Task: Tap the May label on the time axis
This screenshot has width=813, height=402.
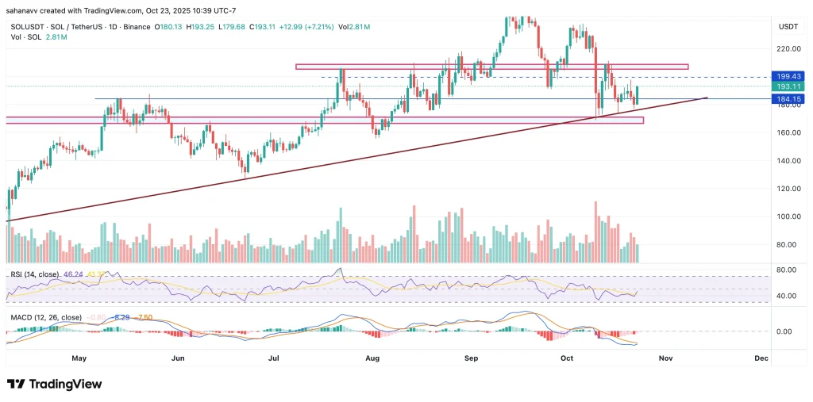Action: (79, 358)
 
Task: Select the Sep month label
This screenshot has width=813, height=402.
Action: (472, 358)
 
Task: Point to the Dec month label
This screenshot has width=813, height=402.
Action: (761, 358)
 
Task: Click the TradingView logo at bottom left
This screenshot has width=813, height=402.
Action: (55, 384)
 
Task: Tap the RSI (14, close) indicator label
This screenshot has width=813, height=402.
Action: (35, 274)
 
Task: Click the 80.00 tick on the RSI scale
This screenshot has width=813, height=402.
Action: (786, 270)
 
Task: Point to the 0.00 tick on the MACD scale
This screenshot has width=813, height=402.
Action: (786, 331)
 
